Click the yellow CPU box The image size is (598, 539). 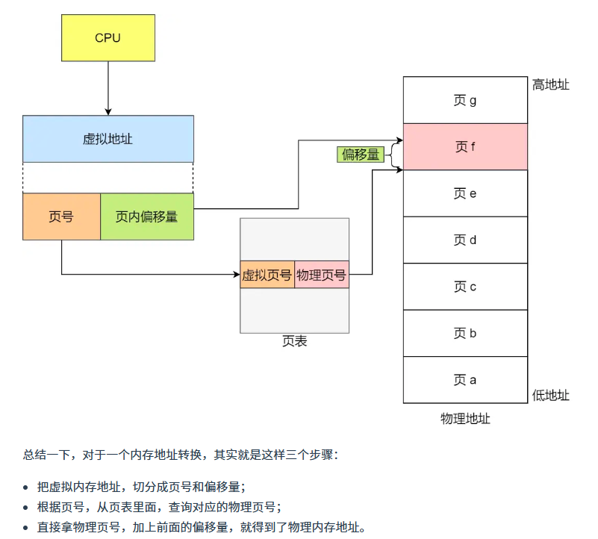click(x=108, y=37)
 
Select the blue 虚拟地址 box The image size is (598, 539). click(x=108, y=139)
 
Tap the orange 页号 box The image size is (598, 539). click(x=61, y=216)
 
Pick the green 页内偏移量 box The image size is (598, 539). click(x=146, y=216)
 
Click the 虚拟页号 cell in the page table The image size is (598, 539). click(x=267, y=275)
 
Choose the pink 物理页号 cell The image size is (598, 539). click(x=322, y=275)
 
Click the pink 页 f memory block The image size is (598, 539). click(x=465, y=147)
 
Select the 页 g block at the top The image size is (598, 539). click(x=465, y=100)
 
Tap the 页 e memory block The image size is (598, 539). click(x=465, y=193)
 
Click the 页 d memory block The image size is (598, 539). click(x=465, y=240)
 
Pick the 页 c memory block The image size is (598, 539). click(x=465, y=287)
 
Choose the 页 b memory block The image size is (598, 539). click(x=465, y=333)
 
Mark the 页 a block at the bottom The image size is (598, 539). click(x=465, y=380)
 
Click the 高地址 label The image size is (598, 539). click(x=550, y=85)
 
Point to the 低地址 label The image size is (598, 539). click(x=550, y=395)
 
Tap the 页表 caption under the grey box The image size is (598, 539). click(x=294, y=341)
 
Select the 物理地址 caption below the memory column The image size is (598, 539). click(x=465, y=418)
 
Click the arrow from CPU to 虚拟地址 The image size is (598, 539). click(x=108, y=88)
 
